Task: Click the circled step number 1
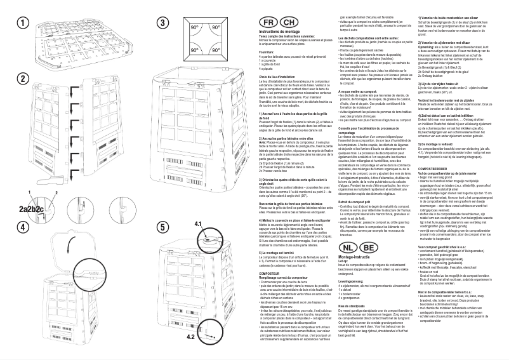[x=23, y=22]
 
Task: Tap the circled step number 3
[x=162, y=22]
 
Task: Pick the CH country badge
[x=285, y=22]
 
